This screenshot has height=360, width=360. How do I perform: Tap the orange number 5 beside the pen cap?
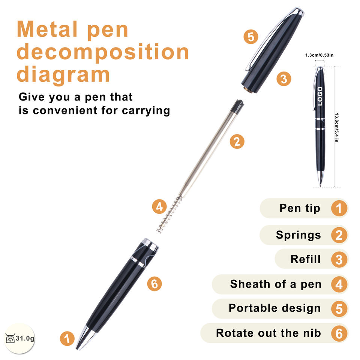tap(251, 37)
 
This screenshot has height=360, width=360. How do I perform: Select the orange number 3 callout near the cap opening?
tap(284, 79)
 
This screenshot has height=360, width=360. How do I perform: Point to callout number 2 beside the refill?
tap(237, 141)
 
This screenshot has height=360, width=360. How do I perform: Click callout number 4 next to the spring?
tap(159, 207)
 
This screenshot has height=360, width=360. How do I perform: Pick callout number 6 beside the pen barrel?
tap(154, 284)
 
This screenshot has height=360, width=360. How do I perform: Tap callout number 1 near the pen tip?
tap(67, 338)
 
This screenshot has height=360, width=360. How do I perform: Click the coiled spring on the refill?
tap(169, 214)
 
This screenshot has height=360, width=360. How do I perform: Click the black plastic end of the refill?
tap(237, 106)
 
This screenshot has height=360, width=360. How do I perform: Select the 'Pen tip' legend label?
tap(300, 208)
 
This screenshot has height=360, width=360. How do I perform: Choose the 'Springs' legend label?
tap(298, 235)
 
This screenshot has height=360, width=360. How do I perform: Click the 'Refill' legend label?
tap(305, 259)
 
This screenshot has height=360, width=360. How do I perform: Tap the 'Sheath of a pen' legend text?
tap(276, 284)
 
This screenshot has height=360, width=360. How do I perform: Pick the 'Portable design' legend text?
tap(274, 308)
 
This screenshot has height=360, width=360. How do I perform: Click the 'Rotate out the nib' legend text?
tap(268, 333)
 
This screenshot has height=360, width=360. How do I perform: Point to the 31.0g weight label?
tap(25, 338)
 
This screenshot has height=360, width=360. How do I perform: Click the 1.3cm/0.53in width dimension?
tap(319, 55)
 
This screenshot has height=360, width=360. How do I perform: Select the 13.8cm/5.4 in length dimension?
tap(336, 127)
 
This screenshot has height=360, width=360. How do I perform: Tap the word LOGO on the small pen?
tap(320, 96)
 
